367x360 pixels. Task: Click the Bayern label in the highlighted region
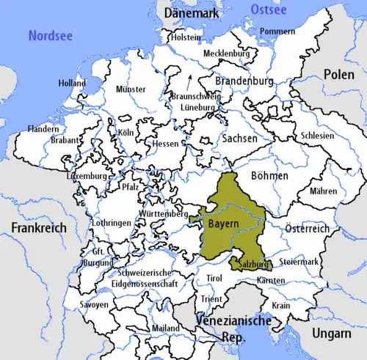[222, 221]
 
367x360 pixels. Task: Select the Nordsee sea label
[51, 34]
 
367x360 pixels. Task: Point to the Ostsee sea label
[269, 8]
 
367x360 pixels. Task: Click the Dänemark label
[193, 13]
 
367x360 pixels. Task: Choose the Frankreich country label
[38, 227]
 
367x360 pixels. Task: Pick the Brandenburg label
[245, 81]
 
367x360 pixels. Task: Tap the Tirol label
[214, 279]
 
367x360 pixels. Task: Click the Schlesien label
[317, 136]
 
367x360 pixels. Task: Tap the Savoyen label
[94, 304]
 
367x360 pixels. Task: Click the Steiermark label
[302, 262]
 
